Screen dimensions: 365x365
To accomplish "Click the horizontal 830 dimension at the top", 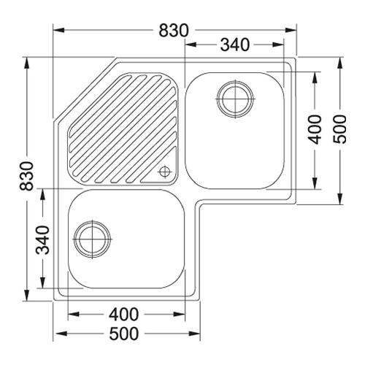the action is coord(174,31).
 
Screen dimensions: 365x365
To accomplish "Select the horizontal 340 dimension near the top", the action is coord(235,45).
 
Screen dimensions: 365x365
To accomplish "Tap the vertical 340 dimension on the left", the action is coord(43,240).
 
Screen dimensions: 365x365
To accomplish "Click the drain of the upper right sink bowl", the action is coord(235,99).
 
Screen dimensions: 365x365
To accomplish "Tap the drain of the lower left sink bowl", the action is coord(92,239).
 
